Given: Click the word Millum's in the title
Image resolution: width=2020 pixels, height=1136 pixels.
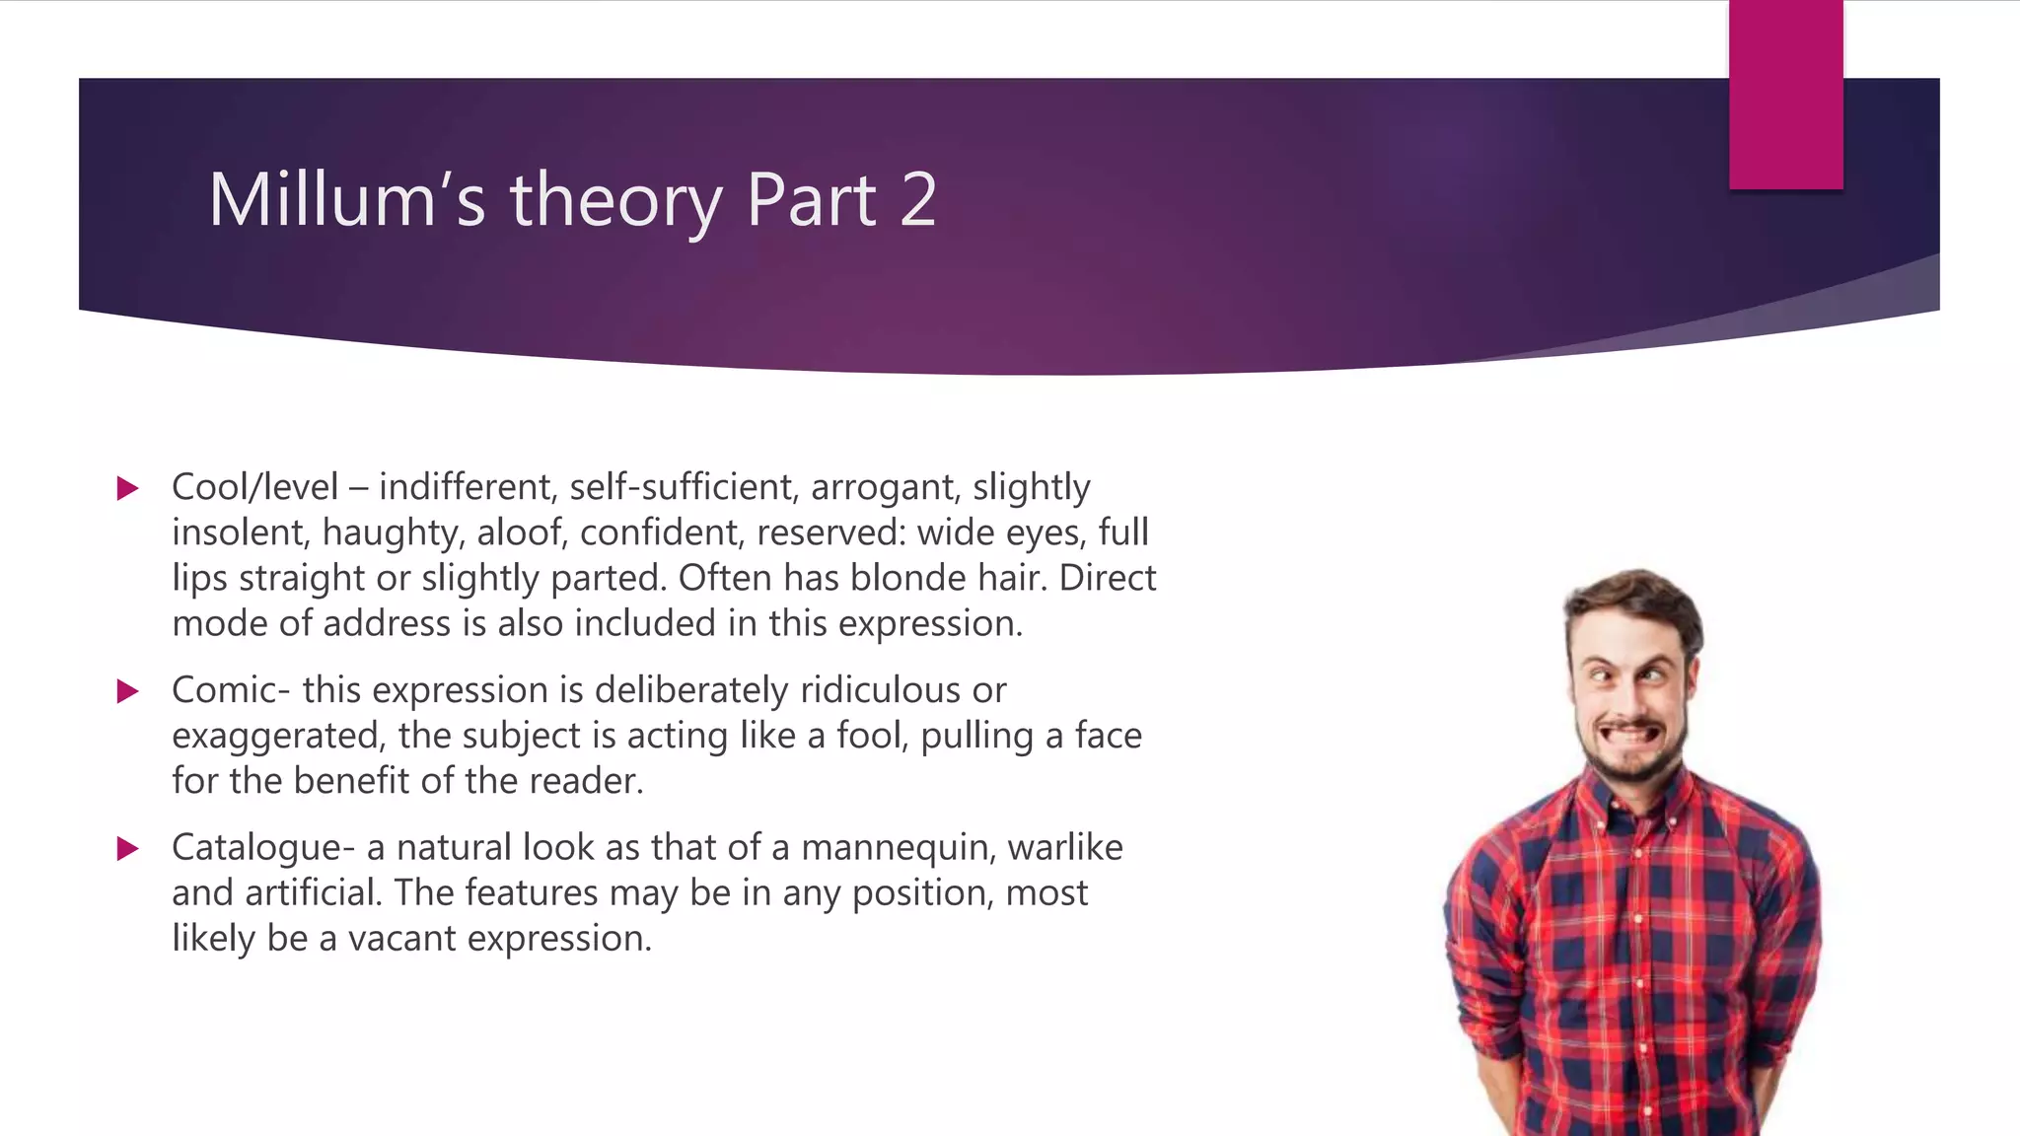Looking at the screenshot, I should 347,200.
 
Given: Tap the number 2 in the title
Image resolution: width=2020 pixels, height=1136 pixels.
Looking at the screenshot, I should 917,200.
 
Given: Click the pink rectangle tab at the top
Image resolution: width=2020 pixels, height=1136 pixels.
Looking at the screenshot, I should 1785,95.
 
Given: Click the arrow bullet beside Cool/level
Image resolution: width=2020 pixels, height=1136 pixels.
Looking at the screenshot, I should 128,488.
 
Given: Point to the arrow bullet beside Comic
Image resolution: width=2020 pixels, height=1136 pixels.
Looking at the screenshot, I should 128,691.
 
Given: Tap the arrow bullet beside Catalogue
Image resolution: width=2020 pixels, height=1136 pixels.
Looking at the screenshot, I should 128,849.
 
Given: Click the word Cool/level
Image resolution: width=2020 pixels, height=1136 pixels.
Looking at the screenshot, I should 254,487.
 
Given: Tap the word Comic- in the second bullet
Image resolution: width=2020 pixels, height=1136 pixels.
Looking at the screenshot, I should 231,690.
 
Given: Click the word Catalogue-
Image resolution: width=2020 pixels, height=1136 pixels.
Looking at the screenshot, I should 262,848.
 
